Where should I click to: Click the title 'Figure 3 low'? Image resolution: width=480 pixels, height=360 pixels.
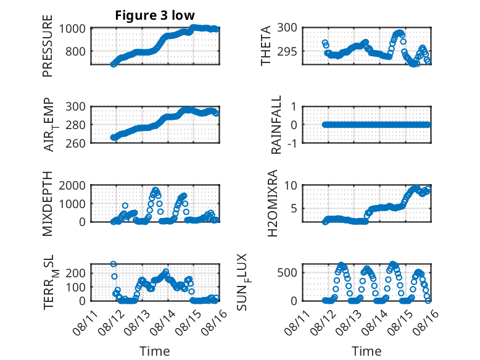pyautogui.click(x=155, y=15)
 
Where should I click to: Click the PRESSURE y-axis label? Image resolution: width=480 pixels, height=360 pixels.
pyautogui.click(x=48, y=46)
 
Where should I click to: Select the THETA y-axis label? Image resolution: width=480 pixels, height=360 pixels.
pyautogui.click(x=266, y=46)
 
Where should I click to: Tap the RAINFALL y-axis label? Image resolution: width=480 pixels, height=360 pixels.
pyautogui.click(x=276, y=125)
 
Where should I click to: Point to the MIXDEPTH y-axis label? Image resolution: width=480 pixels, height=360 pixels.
pyautogui.click(x=48, y=204)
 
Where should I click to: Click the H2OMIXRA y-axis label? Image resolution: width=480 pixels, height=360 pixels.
pyautogui.click(x=272, y=203)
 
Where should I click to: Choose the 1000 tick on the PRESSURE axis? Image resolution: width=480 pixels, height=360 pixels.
pyautogui.click(x=72, y=28)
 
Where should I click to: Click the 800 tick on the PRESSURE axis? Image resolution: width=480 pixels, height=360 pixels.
pyautogui.click(x=75, y=51)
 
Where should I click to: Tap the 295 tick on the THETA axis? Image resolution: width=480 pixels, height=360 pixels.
pyautogui.click(x=287, y=51)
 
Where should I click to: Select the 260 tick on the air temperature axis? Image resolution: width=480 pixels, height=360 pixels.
pyautogui.click(x=75, y=143)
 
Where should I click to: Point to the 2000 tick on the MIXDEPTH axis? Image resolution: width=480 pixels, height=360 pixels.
pyautogui.click(x=72, y=185)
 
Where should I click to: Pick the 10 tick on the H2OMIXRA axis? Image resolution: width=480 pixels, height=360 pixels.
pyautogui.click(x=291, y=185)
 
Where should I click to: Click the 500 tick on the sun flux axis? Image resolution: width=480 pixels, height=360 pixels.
pyautogui.click(x=287, y=273)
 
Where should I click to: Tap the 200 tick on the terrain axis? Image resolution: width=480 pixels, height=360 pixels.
pyautogui.click(x=75, y=273)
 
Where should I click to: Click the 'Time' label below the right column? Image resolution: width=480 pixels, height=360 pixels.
pyautogui.click(x=366, y=351)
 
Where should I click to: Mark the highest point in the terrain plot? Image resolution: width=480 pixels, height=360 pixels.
pyautogui.click(x=114, y=264)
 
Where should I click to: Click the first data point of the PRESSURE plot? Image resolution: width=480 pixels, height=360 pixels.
pyautogui.click(x=114, y=64)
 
